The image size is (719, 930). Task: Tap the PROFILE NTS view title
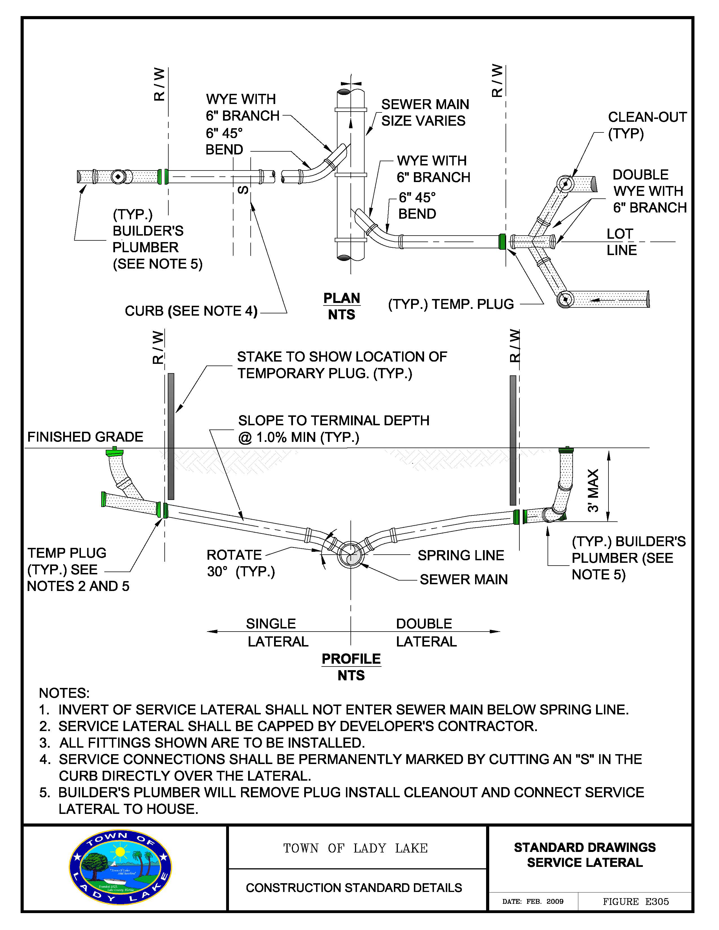[x=351, y=667]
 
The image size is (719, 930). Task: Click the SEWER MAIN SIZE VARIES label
[x=425, y=112]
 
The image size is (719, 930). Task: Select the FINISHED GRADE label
[x=85, y=437]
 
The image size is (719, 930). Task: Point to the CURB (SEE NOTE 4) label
[x=191, y=311]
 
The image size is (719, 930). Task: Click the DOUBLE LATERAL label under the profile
[x=426, y=632]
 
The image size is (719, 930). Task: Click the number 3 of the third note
[x=44, y=743]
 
